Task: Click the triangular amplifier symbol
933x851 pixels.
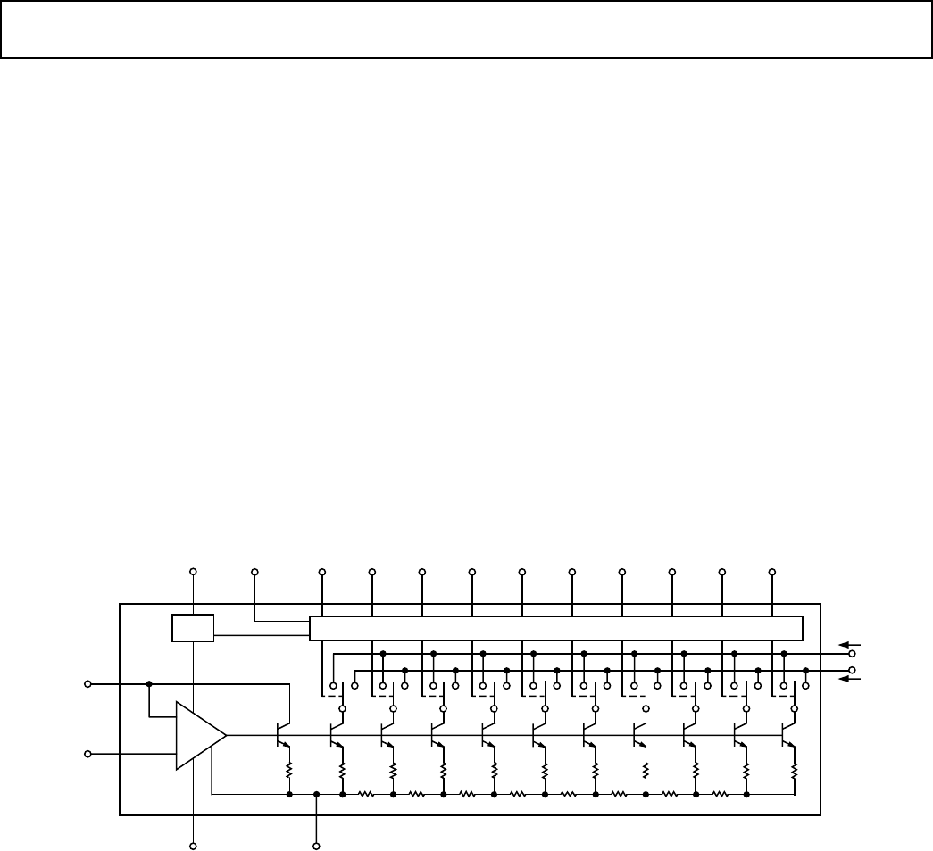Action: [198, 735]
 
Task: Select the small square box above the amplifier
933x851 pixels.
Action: [193, 628]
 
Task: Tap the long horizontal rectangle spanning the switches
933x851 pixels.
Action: [556, 628]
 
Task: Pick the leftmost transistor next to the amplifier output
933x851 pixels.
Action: [281, 735]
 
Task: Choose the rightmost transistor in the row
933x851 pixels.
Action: [787, 735]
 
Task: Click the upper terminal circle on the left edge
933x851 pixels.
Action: [87, 684]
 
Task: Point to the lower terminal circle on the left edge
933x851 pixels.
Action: [87, 754]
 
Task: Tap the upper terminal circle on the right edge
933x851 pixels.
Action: [852, 653]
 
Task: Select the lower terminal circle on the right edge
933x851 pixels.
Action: [852, 669]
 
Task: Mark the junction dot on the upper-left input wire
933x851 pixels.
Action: [149, 684]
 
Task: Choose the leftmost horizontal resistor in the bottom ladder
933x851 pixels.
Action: [366, 793]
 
